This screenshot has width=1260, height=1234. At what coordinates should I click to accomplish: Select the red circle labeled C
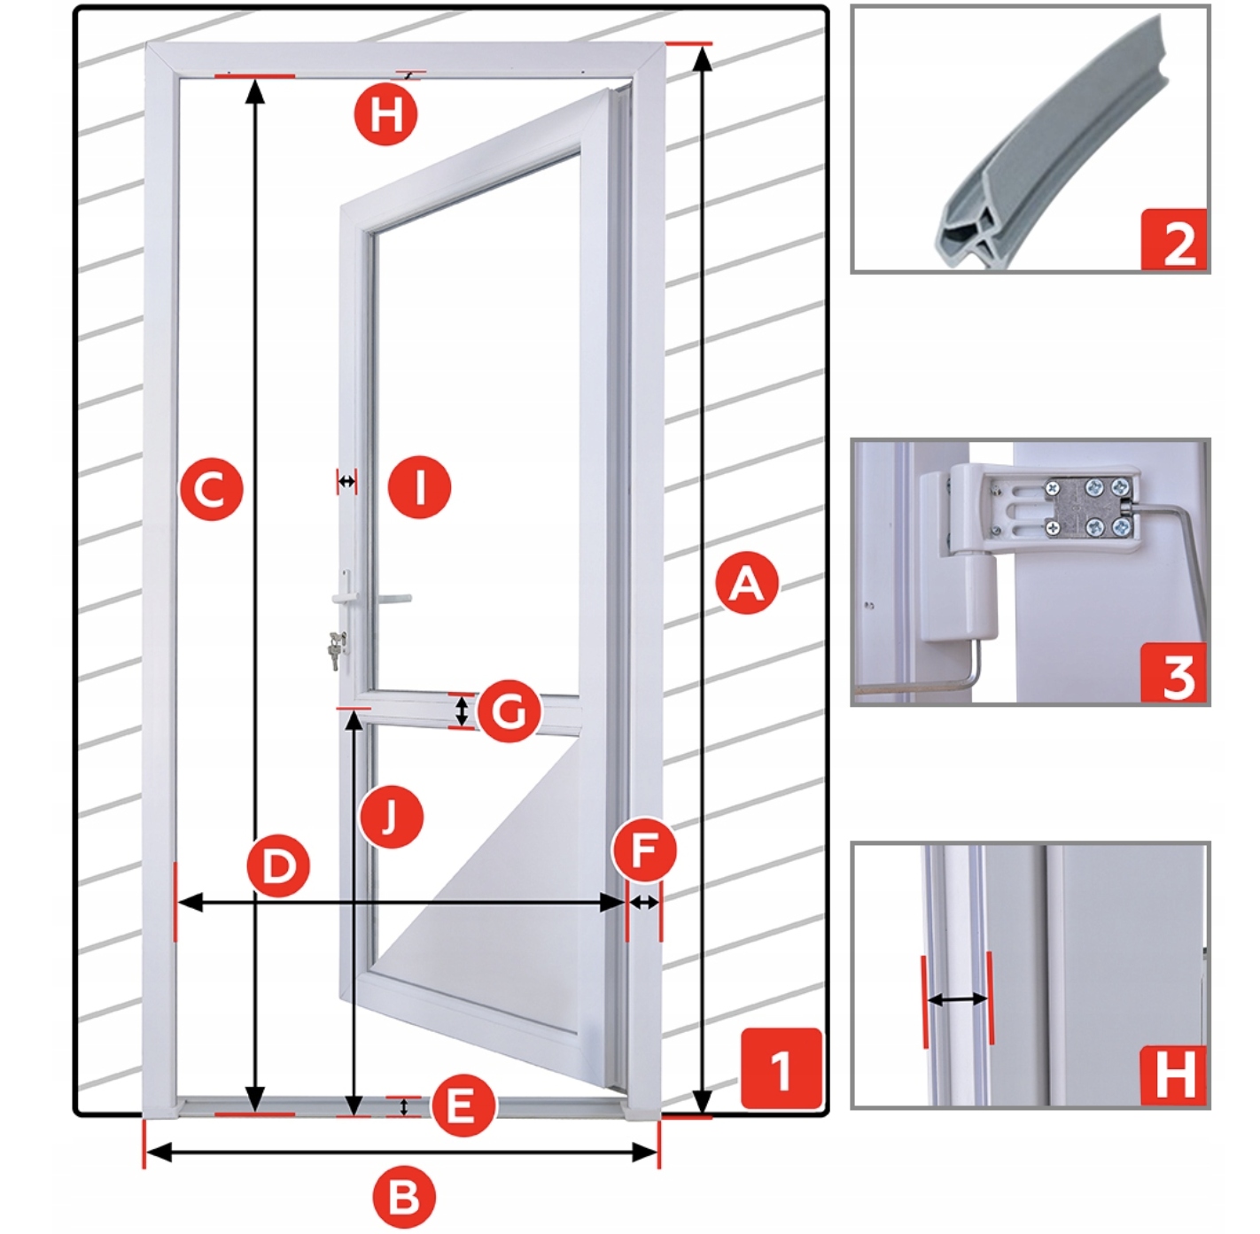210,488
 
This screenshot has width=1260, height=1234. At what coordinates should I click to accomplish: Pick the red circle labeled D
278,865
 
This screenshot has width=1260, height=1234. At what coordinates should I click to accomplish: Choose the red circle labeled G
508,711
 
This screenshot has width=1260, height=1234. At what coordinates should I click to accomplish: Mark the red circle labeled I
420,487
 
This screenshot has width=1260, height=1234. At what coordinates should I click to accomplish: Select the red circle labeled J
392,817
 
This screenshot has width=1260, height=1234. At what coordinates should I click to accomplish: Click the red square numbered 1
781,1069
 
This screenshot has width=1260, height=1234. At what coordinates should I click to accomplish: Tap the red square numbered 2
1175,239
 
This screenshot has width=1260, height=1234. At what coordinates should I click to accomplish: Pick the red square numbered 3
1175,673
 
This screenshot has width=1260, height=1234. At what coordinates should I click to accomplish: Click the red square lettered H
1174,1075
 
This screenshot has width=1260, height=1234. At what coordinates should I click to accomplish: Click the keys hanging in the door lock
338,649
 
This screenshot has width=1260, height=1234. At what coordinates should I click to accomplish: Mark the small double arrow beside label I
346,482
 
